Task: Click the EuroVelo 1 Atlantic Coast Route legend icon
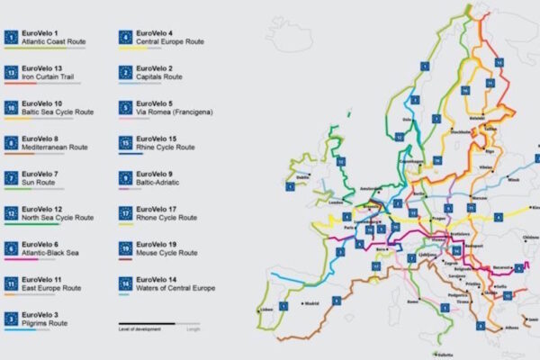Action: [12, 38]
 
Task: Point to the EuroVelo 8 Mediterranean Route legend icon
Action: [12, 143]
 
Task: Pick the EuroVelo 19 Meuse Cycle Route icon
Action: [126, 247]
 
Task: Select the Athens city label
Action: [514, 328]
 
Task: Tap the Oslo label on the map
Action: [408, 120]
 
